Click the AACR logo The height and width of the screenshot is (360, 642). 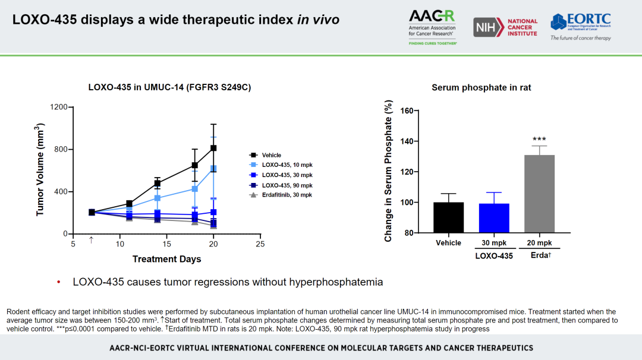pos(433,27)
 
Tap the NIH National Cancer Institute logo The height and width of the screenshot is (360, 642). pos(505,27)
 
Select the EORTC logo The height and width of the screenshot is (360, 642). pos(580,26)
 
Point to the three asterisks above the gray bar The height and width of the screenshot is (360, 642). pos(539,139)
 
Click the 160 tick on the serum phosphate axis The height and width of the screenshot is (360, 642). pos(406,111)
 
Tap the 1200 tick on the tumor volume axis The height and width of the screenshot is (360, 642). pos(58,107)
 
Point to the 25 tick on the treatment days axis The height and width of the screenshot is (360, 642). pos(260,244)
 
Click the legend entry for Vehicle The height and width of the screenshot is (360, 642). pos(271,155)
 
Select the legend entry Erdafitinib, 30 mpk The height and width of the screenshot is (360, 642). pos(287,195)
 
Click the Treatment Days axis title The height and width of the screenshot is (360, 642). pos(166,259)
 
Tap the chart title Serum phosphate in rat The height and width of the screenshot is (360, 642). pos(481,87)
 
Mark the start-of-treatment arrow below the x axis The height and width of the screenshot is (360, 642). pos(91,240)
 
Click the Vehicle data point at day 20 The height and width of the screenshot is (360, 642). pos(213,148)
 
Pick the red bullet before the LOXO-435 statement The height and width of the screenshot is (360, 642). pos(59,282)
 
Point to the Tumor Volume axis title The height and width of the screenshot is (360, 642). pos(40,169)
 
